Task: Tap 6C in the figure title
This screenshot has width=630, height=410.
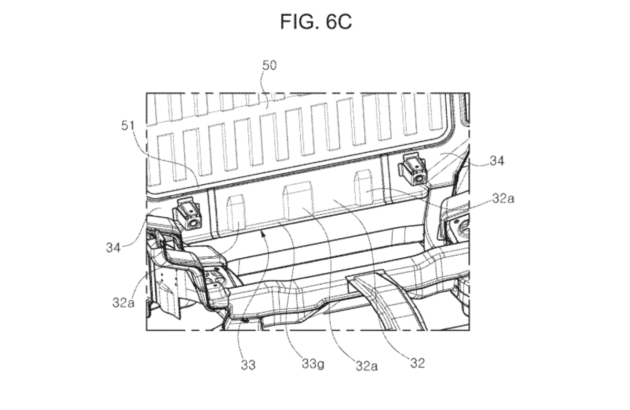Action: point(337,22)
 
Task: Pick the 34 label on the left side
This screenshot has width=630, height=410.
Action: point(114,247)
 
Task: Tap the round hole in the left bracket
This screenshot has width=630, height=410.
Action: point(194,223)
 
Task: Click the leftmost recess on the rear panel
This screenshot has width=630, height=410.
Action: point(235,210)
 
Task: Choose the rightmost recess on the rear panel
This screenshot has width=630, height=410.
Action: point(364,187)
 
